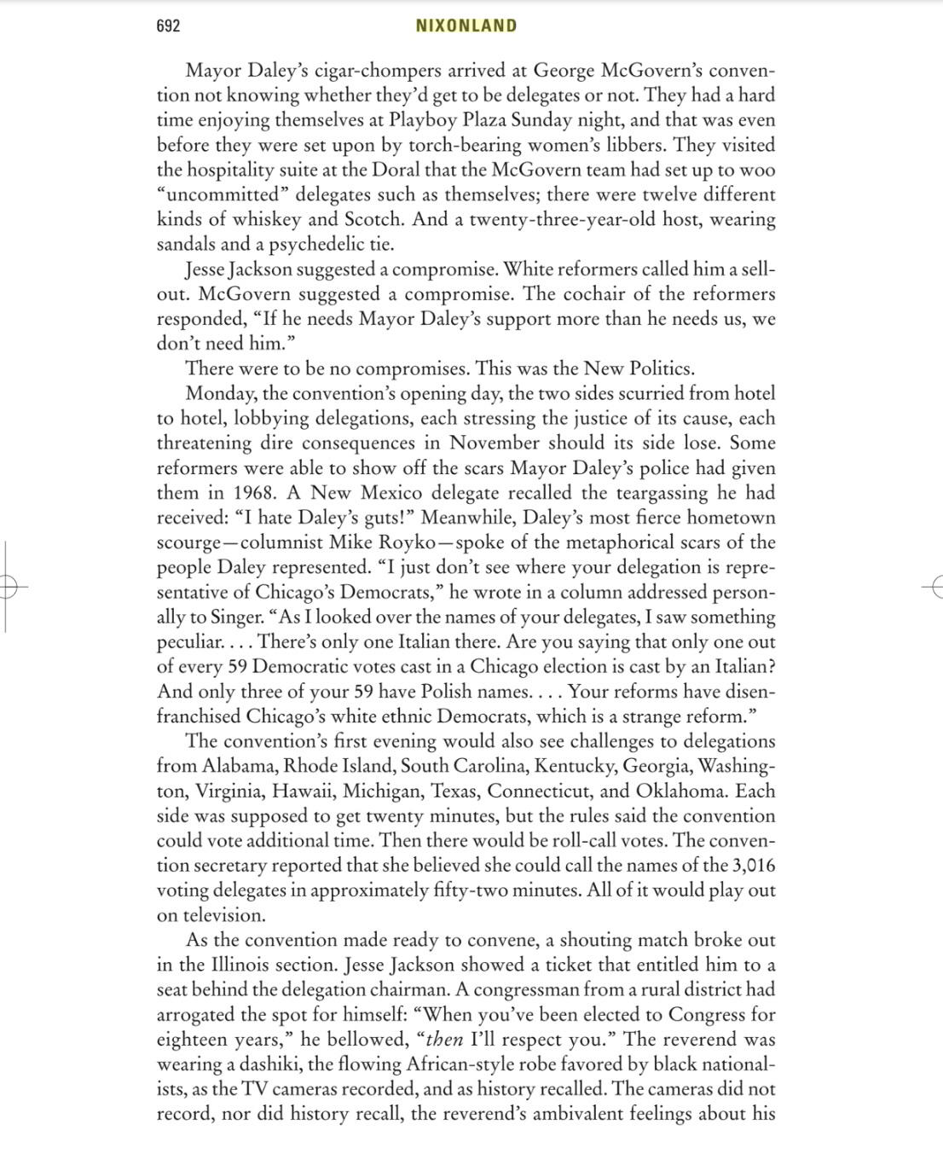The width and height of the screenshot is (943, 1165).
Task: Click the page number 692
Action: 168,26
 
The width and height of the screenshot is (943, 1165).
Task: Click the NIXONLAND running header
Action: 466,26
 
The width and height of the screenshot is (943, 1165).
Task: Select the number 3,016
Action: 753,865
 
